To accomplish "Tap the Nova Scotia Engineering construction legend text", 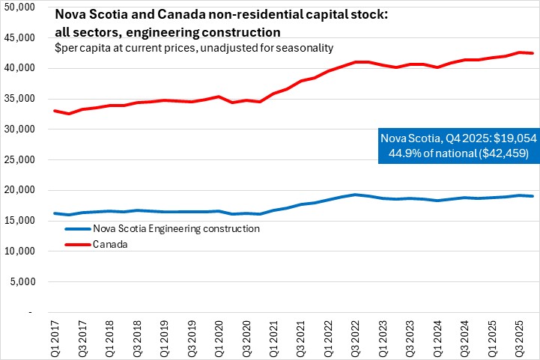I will pyautogui.click(x=174, y=228).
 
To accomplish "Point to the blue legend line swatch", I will pyautogui.click(x=73, y=228).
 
